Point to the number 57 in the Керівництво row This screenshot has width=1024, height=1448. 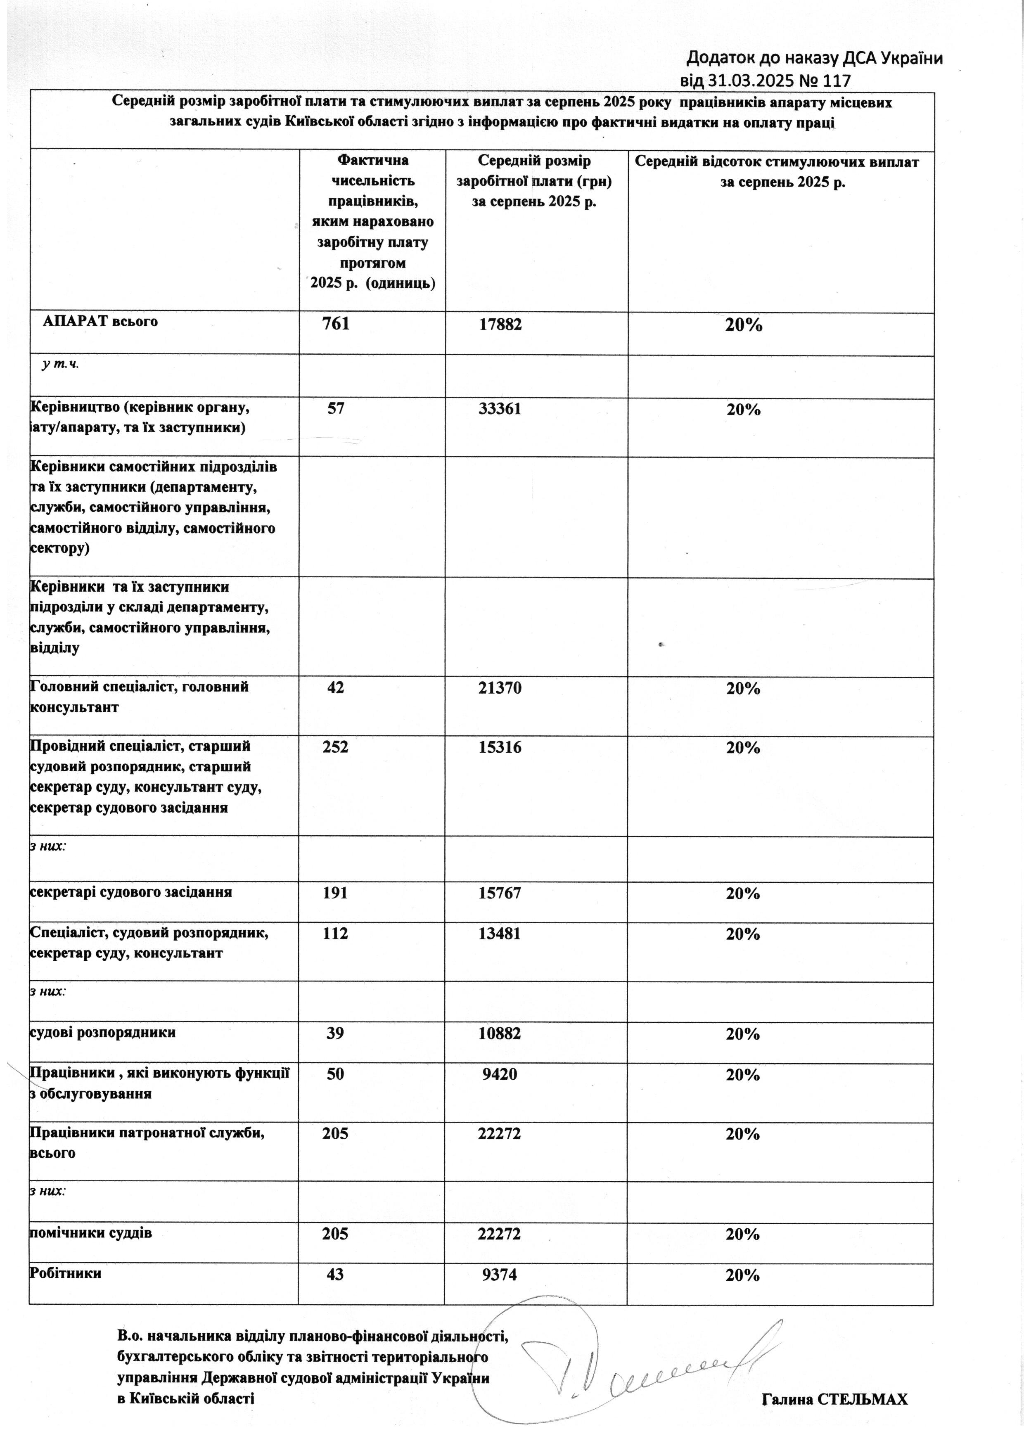point(336,409)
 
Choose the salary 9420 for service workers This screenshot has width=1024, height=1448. point(499,1074)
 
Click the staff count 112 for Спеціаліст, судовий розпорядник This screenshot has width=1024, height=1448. point(335,934)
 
